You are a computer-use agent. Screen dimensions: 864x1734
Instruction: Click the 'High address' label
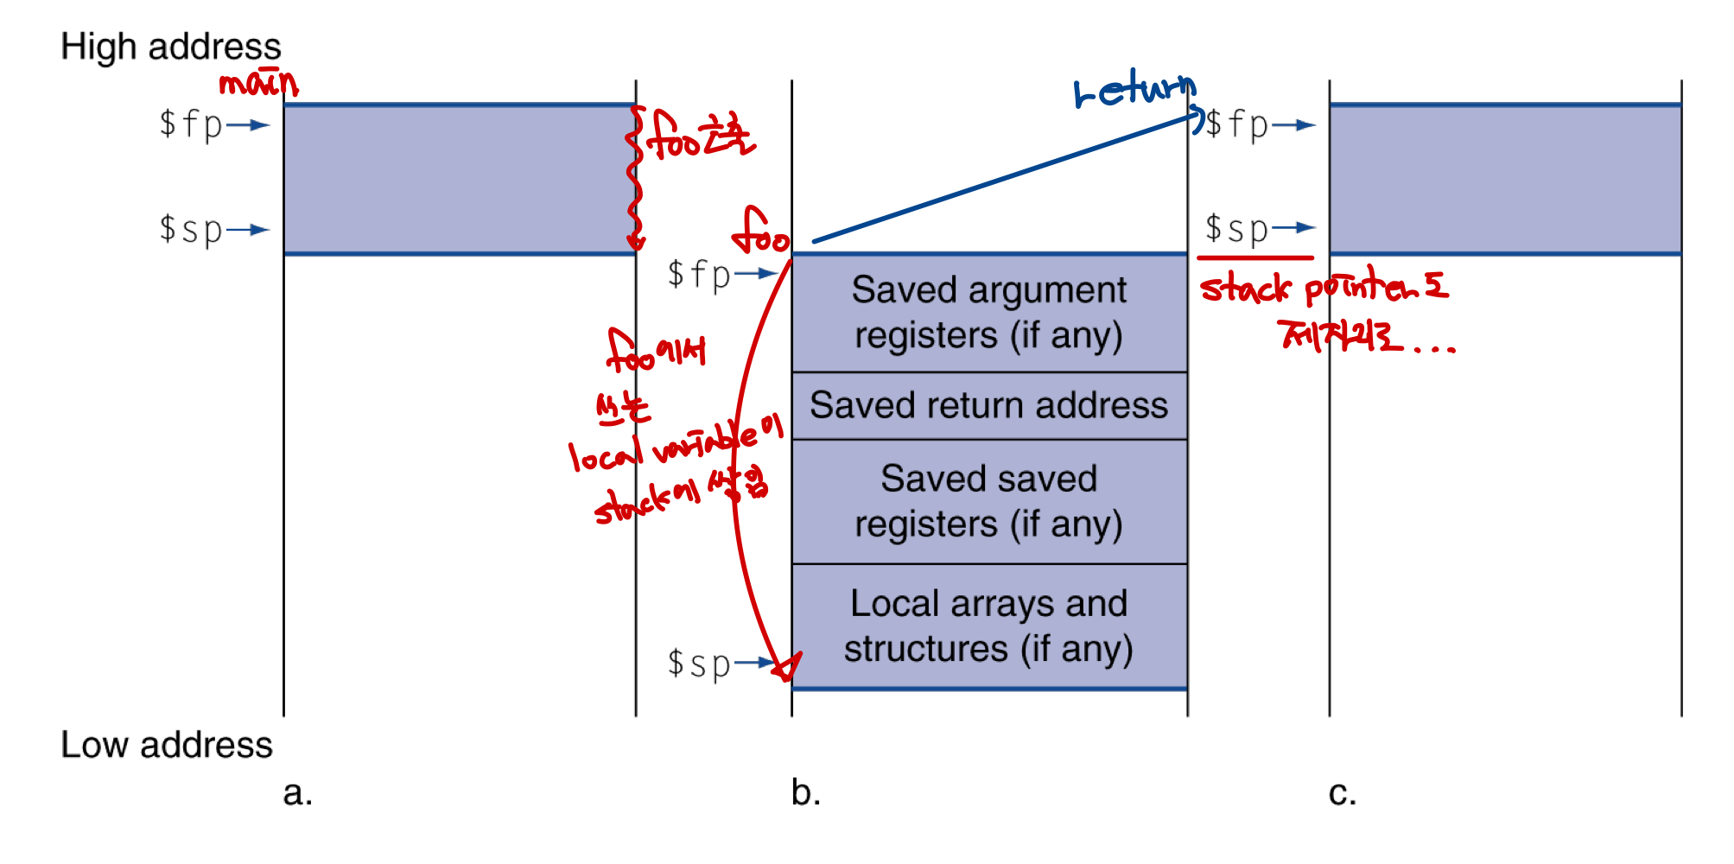point(170,47)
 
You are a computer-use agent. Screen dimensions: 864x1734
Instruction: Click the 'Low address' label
point(166,745)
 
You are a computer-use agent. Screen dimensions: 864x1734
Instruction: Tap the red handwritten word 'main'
point(257,84)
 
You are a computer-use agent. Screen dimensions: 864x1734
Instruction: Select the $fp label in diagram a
point(191,124)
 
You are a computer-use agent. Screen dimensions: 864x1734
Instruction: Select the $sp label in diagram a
point(191,230)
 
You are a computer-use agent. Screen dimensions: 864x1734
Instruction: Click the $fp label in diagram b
point(699,275)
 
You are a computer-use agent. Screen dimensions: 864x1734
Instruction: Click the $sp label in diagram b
point(699,664)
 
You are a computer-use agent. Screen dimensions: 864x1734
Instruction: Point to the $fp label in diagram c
point(1236,124)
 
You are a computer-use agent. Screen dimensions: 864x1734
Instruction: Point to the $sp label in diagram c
point(1236,229)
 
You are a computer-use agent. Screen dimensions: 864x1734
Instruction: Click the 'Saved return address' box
point(988,405)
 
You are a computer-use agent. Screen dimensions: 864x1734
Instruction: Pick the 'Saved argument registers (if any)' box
point(988,313)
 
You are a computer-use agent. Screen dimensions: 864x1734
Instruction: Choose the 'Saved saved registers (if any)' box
point(988,501)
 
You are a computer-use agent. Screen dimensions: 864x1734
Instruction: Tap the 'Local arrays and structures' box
point(988,626)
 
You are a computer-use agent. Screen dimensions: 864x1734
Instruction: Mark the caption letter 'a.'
point(297,792)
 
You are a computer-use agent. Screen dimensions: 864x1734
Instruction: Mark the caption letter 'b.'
point(805,792)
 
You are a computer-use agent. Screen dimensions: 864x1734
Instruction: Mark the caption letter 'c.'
point(1342,792)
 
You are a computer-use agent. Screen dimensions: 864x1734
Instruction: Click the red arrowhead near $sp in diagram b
point(787,667)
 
